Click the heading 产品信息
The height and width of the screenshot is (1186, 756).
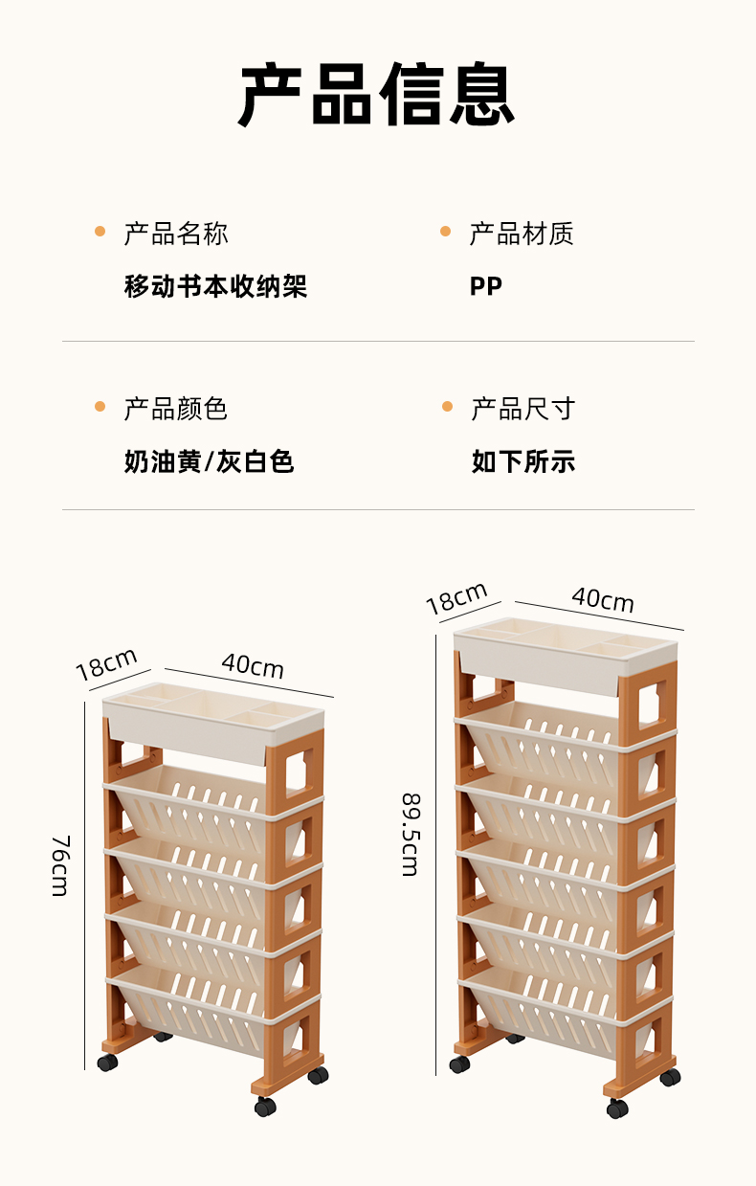[377, 95]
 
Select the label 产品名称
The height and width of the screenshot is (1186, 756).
[176, 234]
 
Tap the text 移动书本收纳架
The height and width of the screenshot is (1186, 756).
[215, 286]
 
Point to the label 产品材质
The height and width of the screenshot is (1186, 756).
[521, 234]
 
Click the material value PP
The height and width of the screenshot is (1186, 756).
[485, 286]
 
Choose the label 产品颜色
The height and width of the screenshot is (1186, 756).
[176, 409]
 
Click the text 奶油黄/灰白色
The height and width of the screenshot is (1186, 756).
[209, 462]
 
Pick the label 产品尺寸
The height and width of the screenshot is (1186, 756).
[523, 409]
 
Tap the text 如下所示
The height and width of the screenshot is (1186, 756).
[523, 462]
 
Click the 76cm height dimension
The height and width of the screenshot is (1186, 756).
[59, 864]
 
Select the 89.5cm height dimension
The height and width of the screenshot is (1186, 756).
[410, 833]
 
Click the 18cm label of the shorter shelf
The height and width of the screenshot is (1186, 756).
[106, 663]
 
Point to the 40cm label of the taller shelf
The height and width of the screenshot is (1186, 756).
[603, 599]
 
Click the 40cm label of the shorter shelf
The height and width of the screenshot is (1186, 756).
[253, 665]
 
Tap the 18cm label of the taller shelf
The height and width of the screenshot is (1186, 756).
[456, 598]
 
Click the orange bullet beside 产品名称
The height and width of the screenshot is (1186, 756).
[100, 232]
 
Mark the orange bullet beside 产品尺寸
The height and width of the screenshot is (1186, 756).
[446, 407]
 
